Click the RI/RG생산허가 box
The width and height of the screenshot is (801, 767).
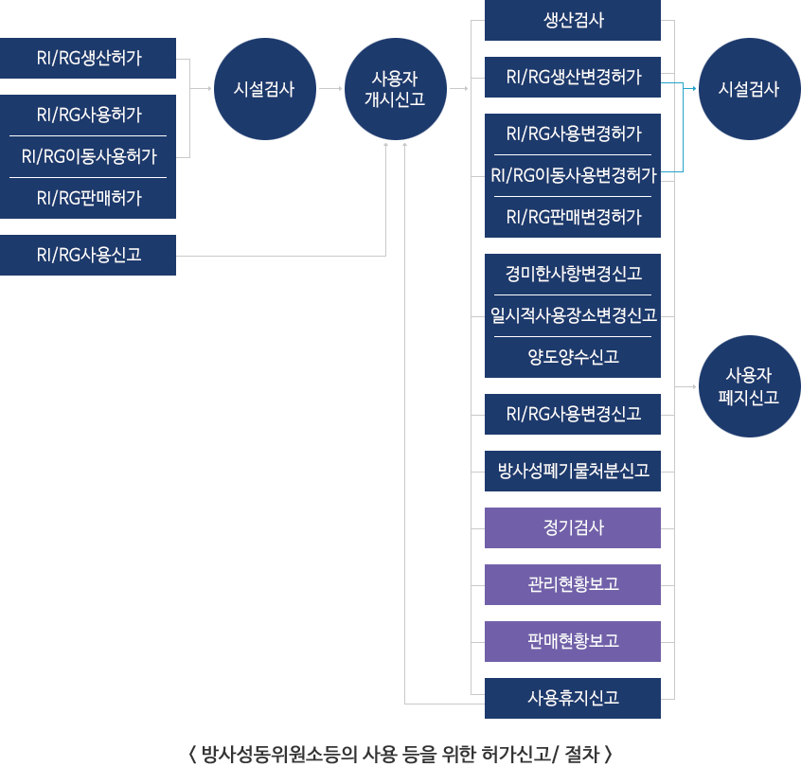[88, 58]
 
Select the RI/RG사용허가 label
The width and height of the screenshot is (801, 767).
[88, 116]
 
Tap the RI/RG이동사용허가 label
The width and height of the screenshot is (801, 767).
[88, 157]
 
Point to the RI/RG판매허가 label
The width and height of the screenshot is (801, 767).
[88, 198]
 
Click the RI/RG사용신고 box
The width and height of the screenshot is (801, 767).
[88, 255]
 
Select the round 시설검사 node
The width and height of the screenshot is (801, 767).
[264, 90]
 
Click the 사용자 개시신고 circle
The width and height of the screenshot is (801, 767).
[395, 90]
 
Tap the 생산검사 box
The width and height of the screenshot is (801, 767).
[573, 20]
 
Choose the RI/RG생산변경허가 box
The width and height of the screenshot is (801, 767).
[573, 77]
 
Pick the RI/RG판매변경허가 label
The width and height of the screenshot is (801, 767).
[573, 217]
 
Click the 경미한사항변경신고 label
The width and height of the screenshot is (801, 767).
[573, 274]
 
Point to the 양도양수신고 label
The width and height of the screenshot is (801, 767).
[573, 357]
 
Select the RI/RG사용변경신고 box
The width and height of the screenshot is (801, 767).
[573, 414]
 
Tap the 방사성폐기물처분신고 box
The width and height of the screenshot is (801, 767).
[573, 471]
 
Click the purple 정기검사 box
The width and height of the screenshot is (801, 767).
[573, 527]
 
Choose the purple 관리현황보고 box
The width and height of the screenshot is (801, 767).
[573, 584]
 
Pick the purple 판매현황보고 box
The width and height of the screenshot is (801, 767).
[573, 641]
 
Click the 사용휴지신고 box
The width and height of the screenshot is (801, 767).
[573, 698]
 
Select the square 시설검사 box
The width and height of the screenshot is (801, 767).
[749, 90]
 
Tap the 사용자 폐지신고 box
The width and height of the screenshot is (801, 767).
[749, 386]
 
